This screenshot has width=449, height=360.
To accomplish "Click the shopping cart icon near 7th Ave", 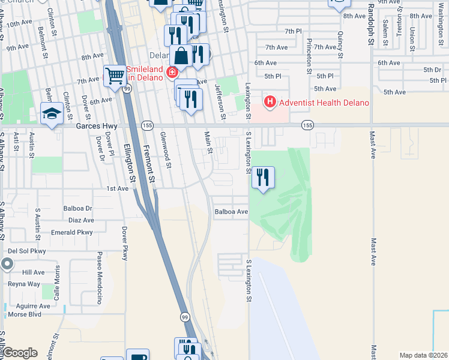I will (x=114, y=76).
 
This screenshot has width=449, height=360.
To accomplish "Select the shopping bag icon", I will (x=181, y=56).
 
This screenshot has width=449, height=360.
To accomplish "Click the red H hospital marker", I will (x=270, y=102).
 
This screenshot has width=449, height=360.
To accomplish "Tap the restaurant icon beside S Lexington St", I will (x=262, y=178).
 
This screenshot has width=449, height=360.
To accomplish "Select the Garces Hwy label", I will (x=97, y=127).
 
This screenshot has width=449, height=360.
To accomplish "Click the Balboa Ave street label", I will (x=232, y=212).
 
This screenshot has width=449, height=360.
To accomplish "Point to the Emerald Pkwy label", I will (x=71, y=232).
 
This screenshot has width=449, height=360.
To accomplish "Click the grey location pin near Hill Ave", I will (x=7, y=263).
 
